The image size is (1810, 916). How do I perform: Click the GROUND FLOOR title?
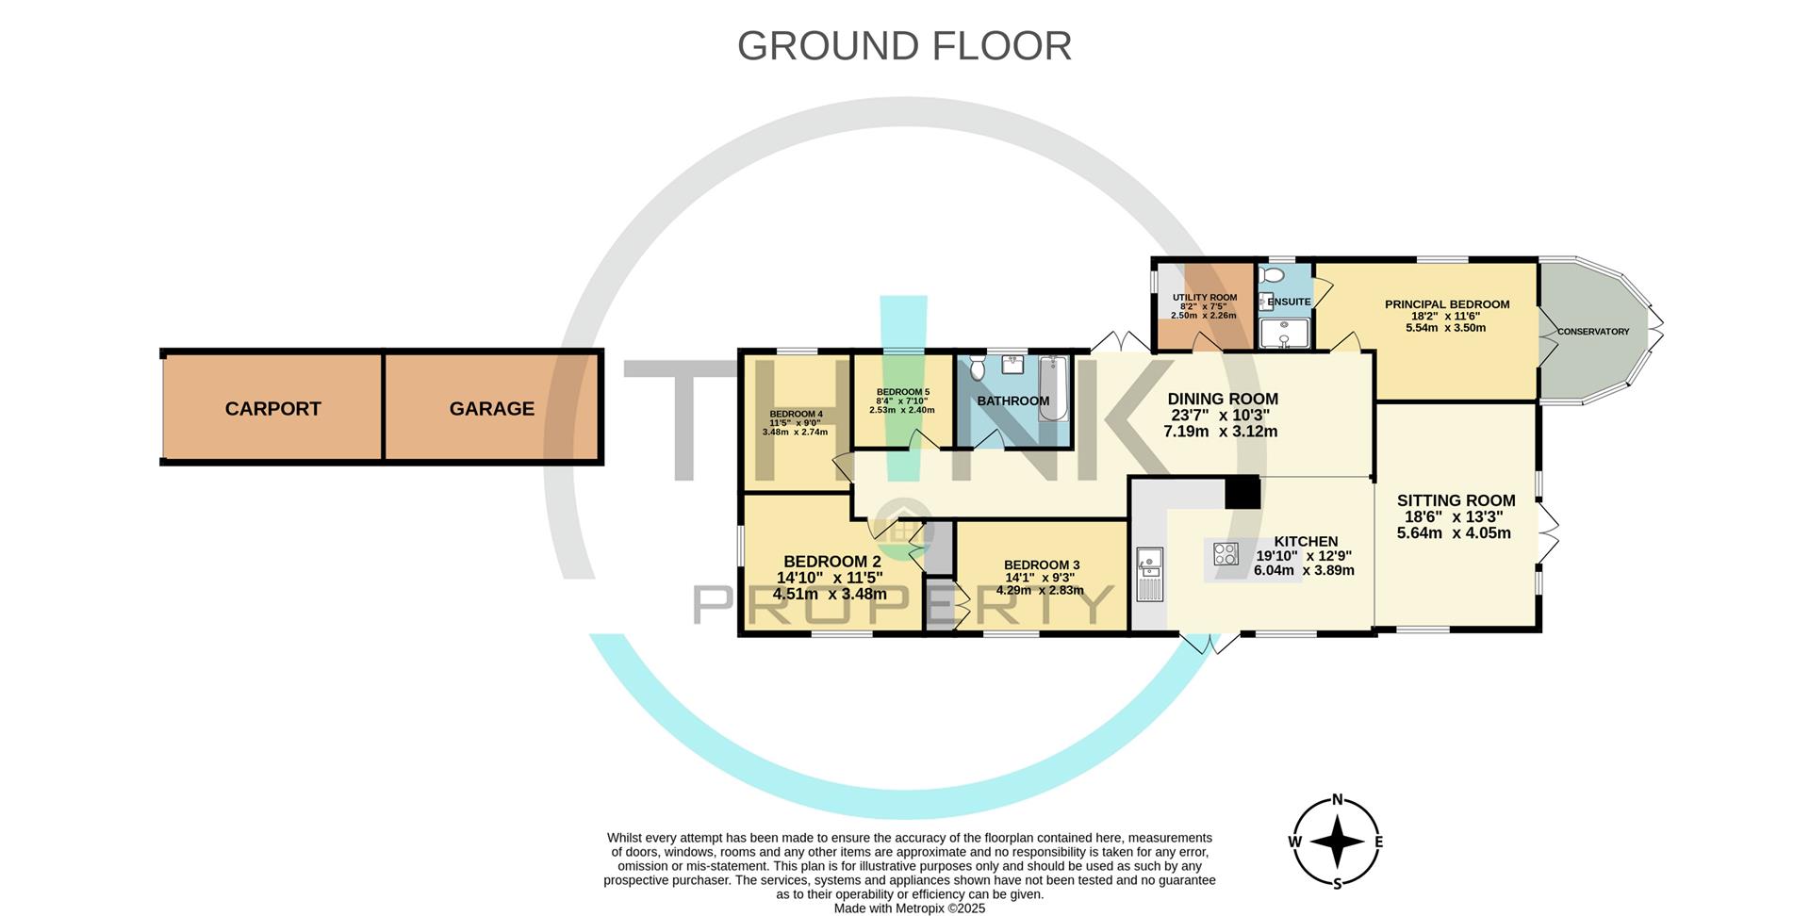[x=904, y=46]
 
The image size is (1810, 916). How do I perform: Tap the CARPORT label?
[x=272, y=409]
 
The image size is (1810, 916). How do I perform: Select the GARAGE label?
[x=491, y=409]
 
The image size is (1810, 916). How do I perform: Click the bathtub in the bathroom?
[x=1053, y=387]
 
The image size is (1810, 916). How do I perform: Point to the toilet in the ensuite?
[x=1272, y=276]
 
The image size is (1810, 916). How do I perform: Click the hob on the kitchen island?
[x=1226, y=554]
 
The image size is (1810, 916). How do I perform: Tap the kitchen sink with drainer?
[x=1149, y=574]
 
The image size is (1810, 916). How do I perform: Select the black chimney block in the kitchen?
[x=1242, y=493]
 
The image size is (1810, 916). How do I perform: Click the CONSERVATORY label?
[x=1593, y=332]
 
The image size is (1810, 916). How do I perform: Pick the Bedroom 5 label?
[x=902, y=392]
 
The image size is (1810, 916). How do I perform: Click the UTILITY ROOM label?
[x=1204, y=298]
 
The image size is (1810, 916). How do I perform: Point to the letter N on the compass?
[x=1337, y=800]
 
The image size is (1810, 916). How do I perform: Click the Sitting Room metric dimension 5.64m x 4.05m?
[x=1453, y=533]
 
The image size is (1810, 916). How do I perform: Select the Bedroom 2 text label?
[x=831, y=562]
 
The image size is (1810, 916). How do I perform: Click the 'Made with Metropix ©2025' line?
[x=909, y=908]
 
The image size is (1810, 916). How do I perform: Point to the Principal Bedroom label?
[x=1446, y=304]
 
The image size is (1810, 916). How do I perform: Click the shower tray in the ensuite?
[x=1284, y=334]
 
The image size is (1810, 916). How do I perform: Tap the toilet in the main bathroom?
[x=977, y=368]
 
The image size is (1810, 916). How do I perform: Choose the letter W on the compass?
[x=1295, y=842]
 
